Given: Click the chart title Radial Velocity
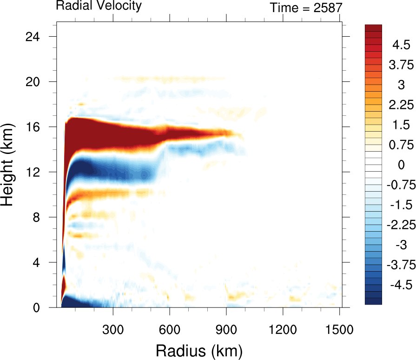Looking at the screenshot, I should (x=99, y=6).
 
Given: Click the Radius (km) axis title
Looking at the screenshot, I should (x=199, y=349).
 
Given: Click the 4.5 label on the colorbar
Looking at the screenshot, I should (x=401, y=45).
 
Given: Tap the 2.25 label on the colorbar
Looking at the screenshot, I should (x=401, y=105).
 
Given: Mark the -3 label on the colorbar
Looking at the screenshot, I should (x=399, y=245).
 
